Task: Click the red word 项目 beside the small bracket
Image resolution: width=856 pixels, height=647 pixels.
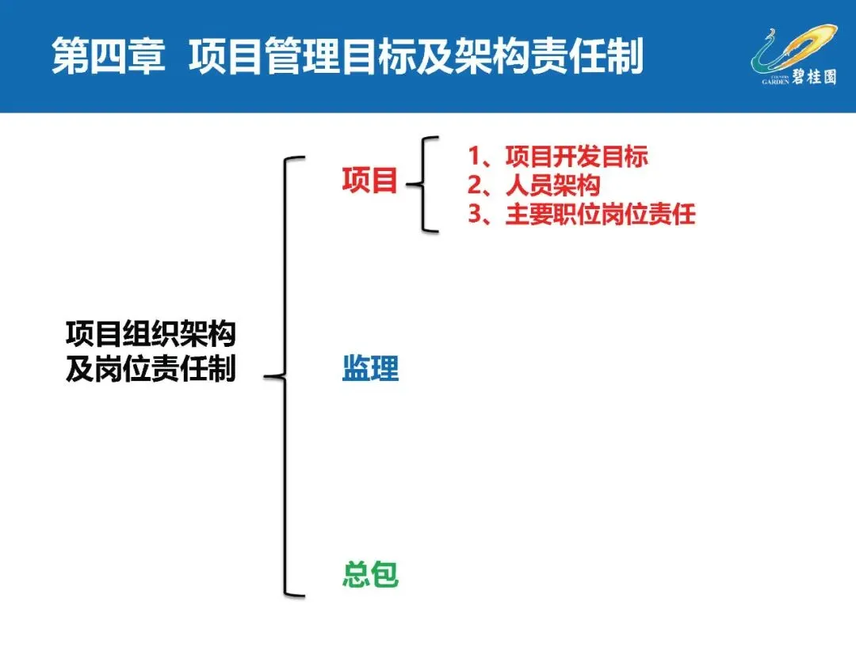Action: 369,181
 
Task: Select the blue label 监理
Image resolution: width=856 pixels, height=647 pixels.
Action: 370,369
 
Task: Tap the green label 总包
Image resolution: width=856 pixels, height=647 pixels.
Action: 370,574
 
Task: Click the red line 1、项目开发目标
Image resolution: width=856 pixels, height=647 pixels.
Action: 558,157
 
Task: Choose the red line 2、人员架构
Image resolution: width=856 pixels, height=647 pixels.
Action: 533,186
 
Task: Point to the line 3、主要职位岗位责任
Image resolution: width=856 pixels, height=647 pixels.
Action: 581,215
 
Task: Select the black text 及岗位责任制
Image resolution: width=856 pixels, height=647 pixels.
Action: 151,370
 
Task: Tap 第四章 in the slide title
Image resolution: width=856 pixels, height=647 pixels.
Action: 108,58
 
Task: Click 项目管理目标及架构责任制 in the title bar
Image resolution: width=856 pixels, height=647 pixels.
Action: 415,58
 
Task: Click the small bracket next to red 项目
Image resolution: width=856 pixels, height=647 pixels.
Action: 423,184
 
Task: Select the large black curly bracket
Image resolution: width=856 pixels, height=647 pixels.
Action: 286,376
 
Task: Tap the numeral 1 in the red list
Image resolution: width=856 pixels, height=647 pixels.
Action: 475,157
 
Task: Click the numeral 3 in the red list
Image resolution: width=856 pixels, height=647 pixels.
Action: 475,215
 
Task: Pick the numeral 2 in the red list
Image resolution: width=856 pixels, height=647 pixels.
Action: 475,186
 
